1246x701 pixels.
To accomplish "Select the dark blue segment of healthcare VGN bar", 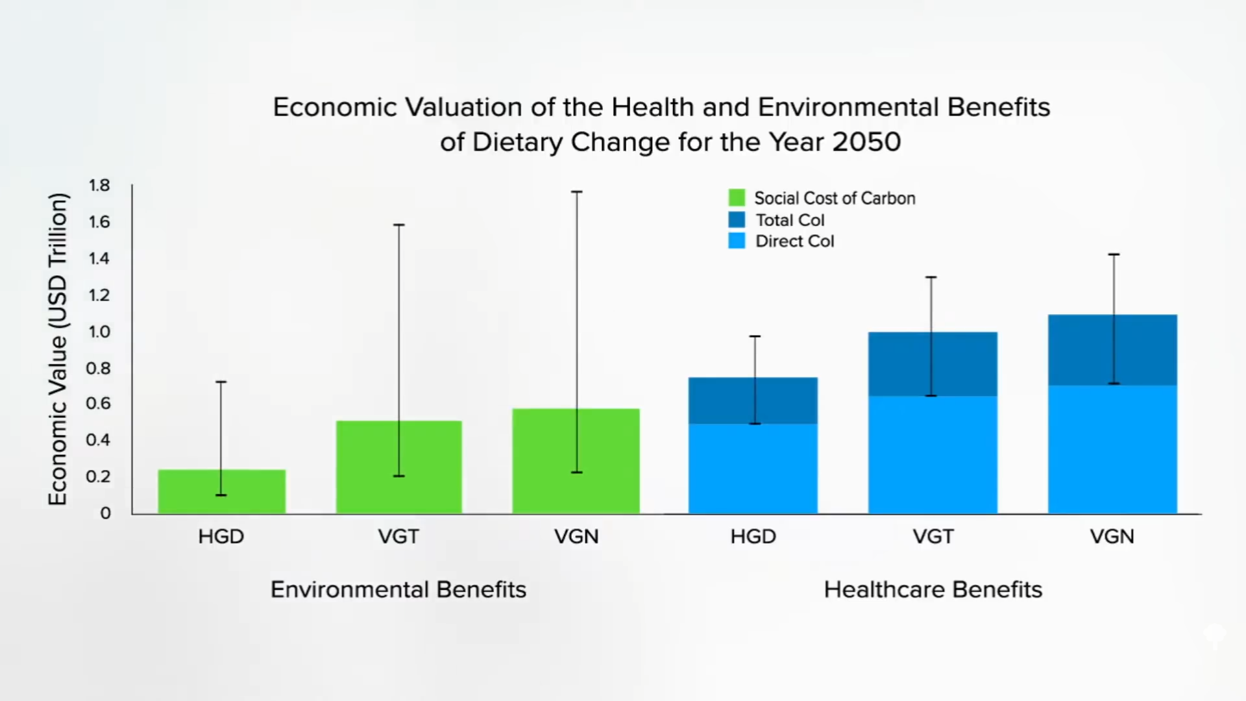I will (x=1077, y=350).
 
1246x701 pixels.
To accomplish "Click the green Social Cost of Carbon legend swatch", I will (x=737, y=198).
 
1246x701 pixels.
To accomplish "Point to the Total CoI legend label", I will (x=790, y=220).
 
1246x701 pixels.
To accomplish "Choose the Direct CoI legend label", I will (x=794, y=241).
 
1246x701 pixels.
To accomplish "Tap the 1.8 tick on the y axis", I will (x=99, y=186).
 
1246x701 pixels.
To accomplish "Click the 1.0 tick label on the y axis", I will (x=99, y=332).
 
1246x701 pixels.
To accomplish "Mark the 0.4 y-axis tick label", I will (x=99, y=440).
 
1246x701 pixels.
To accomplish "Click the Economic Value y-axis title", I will (x=58, y=349).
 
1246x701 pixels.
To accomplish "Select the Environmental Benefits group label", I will (x=398, y=589).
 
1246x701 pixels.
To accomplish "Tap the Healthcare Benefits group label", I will (x=933, y=589).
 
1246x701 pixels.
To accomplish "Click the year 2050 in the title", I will (x=866, y=142).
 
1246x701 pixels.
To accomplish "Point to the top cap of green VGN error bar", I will (x=576, y=192).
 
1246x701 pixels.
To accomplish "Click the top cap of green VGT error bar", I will (x=399, y=225).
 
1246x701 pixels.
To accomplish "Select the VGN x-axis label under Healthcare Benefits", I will (x=1112, y=537).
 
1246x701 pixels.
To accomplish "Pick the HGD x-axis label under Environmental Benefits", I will (x=221, y=537).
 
